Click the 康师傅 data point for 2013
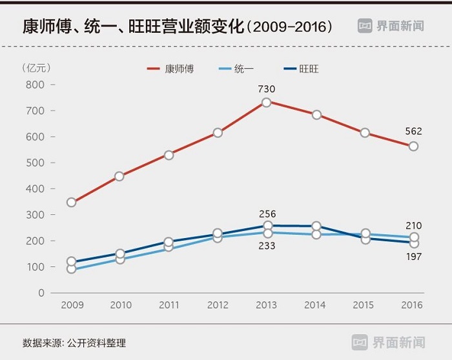point(267,102)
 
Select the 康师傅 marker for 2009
point(72,203)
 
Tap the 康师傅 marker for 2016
point(414,146)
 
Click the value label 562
point(413,132)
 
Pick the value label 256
point(267,214)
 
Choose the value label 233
point(267,246)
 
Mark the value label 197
point(414,257)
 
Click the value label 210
point(414,226)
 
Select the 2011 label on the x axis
point(169,305)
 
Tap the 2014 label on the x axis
point(316,305)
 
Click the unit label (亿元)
point(36,67)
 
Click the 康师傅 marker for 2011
point(169,155)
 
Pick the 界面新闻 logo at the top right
point(391,26)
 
